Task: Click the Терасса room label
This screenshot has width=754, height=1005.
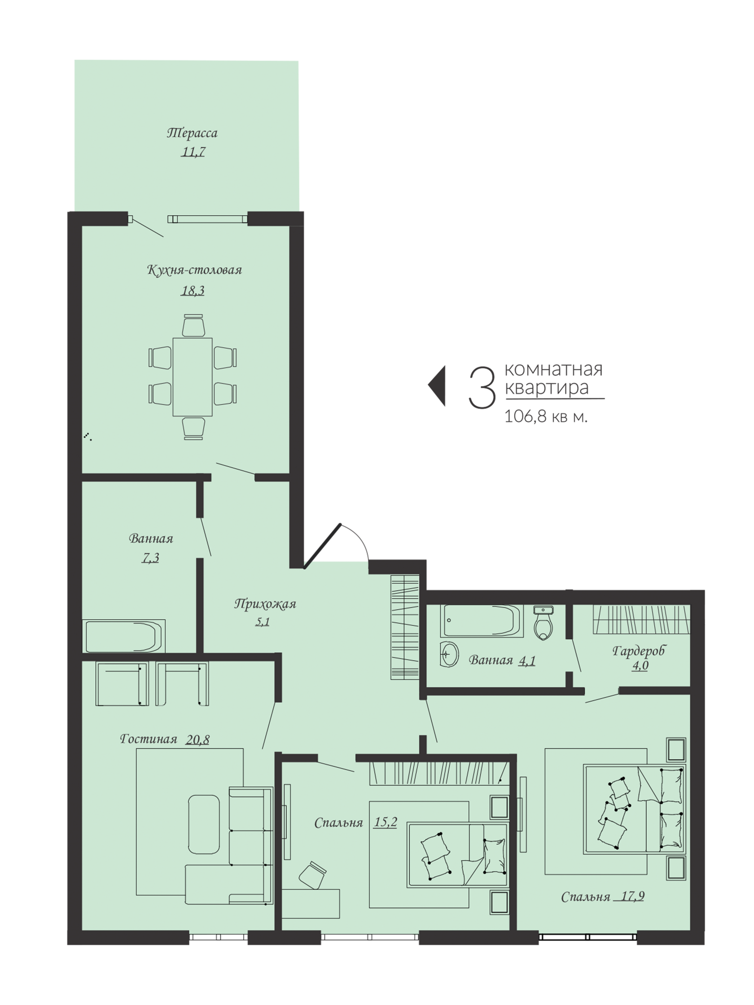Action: click(192, 133)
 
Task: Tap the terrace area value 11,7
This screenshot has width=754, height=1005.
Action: click(193, 152)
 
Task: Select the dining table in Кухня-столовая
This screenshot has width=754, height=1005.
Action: click(192, 376)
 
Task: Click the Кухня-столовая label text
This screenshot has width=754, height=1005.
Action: click(194, 270)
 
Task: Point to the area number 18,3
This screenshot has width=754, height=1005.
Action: click(193, 290)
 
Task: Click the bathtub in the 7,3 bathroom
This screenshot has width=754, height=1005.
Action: click(123, 636)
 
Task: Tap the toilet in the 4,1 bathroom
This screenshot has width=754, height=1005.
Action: click(544, 623)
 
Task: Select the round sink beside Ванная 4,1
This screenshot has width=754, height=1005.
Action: click(450, 655)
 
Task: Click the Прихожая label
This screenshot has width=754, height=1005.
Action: click(265, 604)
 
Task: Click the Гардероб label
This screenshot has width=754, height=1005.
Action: click(639, 651)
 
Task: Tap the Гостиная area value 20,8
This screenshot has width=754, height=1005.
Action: click(198, 740)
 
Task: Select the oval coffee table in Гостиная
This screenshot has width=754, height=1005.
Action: click(204, 824)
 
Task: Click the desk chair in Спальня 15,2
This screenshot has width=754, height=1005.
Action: click(313, 874)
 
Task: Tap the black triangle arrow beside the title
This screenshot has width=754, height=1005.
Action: click(437, 386)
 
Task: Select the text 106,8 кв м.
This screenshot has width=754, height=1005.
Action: click(546, 417)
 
